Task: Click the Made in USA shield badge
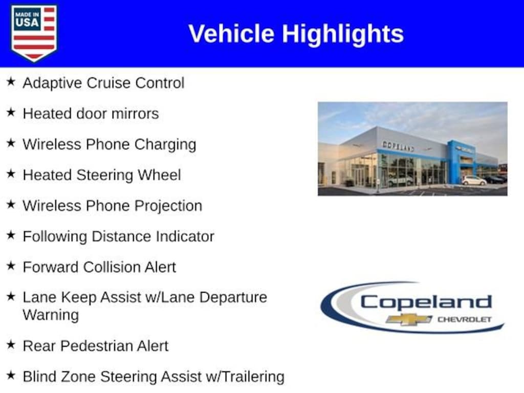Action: click(x=34, y=33)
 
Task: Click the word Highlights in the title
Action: click(x=343, y=34)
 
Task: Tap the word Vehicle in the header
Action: click(x=231, y=34)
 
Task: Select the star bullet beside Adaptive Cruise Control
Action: click(x=11, y=81)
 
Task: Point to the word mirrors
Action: click(x=135, y=114)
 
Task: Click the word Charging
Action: click(x=165, y=145)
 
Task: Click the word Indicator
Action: click(x=185, y=236)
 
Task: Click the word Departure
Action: click(x=233, y=298)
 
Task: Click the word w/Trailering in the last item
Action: click(x=245, y=377)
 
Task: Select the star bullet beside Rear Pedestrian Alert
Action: click(x=11, y=344)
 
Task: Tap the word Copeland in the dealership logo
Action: click(x=426, y=302)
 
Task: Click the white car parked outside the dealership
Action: click(x=474, y=181)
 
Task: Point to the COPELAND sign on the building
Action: click(x=398, y=146)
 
